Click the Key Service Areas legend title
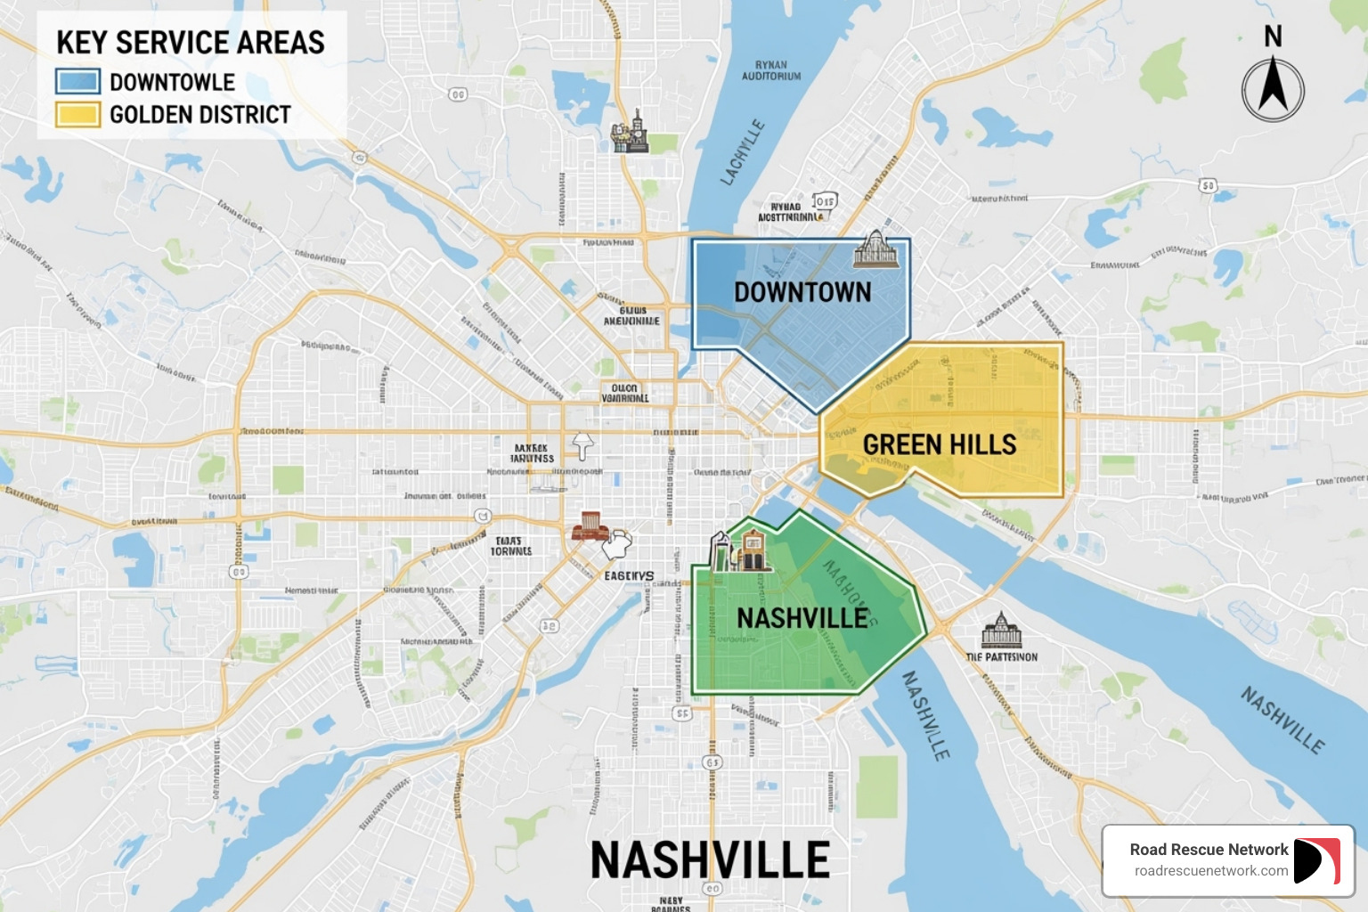[191, 43]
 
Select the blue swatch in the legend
[77, 82]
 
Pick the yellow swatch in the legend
[77, 115]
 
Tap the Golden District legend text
[200, 115]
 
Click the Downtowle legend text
[172, 82]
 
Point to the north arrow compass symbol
[1273, 89]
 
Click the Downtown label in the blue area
[802, 292]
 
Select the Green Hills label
[940, 444]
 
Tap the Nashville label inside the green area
[802, 617]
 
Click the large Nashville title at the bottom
[710, 860]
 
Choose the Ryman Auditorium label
[771, 70]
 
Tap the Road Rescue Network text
[1209, 850]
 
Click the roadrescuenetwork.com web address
[1210, 871]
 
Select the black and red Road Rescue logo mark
[1316, 861]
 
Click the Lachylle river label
[742, 152]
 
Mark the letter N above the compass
[1273, 37]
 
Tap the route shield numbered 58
[1208, 186]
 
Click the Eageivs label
[629, 576]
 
